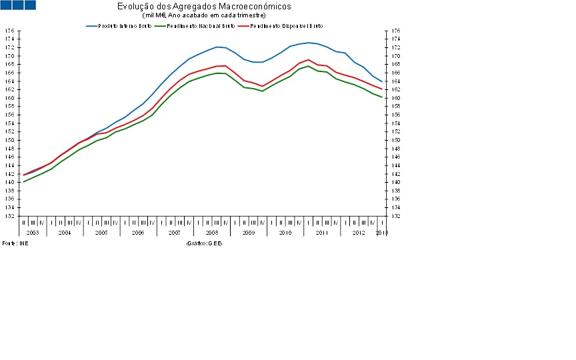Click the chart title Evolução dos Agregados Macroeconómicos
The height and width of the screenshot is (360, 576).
pyautogui.click(x=203, y=6)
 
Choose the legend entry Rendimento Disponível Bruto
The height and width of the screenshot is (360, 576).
pyautogui.click(x=287, y=26)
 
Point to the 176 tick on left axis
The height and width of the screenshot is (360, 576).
pyautogui.click(x=9, y=31)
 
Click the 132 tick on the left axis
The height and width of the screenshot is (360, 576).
pyautogui.click(x=9, y=216)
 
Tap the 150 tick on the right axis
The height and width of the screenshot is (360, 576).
pyautogui.click(x=396, y=140)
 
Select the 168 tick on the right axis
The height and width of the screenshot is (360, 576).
pyautogui.click(x=396, y=65)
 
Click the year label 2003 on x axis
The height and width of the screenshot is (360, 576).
pyautogui.click(x=33, y=232)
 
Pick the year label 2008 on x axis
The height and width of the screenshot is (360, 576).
pyautogui.click(x=211, y=232)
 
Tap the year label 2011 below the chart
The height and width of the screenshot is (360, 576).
pyautogui.click(x=321, y=232)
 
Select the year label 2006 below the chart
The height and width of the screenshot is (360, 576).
pyautogui.click(x=138, y=232)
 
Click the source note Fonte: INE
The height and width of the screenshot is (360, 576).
pyautogui.click(x=15, y=243)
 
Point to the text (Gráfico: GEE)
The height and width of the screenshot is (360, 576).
pyautogui.click(x=205, y=243)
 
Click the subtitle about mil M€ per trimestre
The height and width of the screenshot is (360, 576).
pyautogui.click(x=204, y=15)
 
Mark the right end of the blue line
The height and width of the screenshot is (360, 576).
pyautogui.click(x=381, y=81)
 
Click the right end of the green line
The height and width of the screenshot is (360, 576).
pyautogui.click(x=381, y=97)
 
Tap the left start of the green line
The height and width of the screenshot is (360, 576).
pyautogui.click(x=24, y=182)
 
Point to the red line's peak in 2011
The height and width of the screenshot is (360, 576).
pyautogui.click(x=308, y=60)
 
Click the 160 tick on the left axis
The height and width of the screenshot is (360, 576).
pyautogui.click(x=9, y=98)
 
